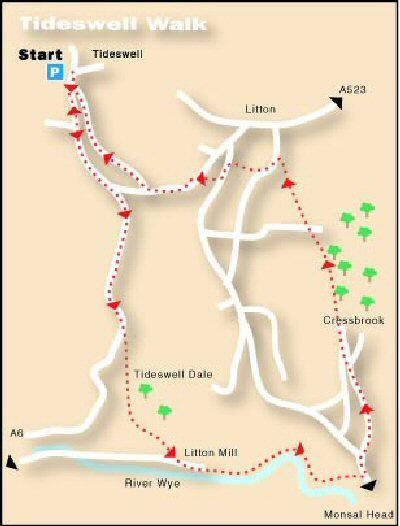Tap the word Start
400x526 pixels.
[39, 55]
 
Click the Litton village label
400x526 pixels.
[258, 108]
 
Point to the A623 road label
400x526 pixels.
[353, 90]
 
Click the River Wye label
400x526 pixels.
[149, 483]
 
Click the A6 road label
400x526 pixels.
[16, 433]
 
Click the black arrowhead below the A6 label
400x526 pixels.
[11, 462]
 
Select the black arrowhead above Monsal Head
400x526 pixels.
[368, 485]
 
